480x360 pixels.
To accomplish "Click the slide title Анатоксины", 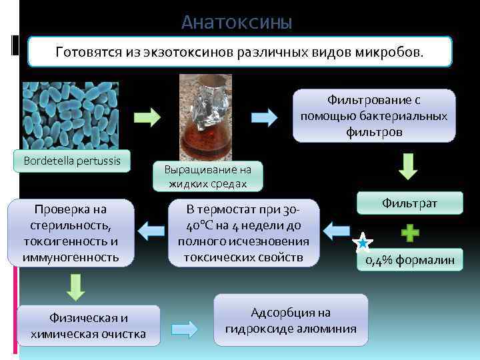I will [x=237, y=23].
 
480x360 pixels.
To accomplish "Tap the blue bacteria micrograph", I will [x=70, y=116].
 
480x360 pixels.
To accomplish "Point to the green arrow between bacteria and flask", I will [x=147, y=117].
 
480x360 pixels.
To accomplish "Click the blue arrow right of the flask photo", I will [x=264, y=117].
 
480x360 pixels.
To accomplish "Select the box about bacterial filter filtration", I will [x=373, y=116].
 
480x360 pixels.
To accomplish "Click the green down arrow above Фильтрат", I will [x=408, y=166].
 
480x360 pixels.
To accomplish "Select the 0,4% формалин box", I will [x=409, y=259].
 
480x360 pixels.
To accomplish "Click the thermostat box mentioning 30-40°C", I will [x=243, y=233].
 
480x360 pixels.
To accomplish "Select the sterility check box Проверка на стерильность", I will [x=71, y=233].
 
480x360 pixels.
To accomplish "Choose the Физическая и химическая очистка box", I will [x=89, y=325].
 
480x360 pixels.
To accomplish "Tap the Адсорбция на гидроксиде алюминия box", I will [x=291, y=320].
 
